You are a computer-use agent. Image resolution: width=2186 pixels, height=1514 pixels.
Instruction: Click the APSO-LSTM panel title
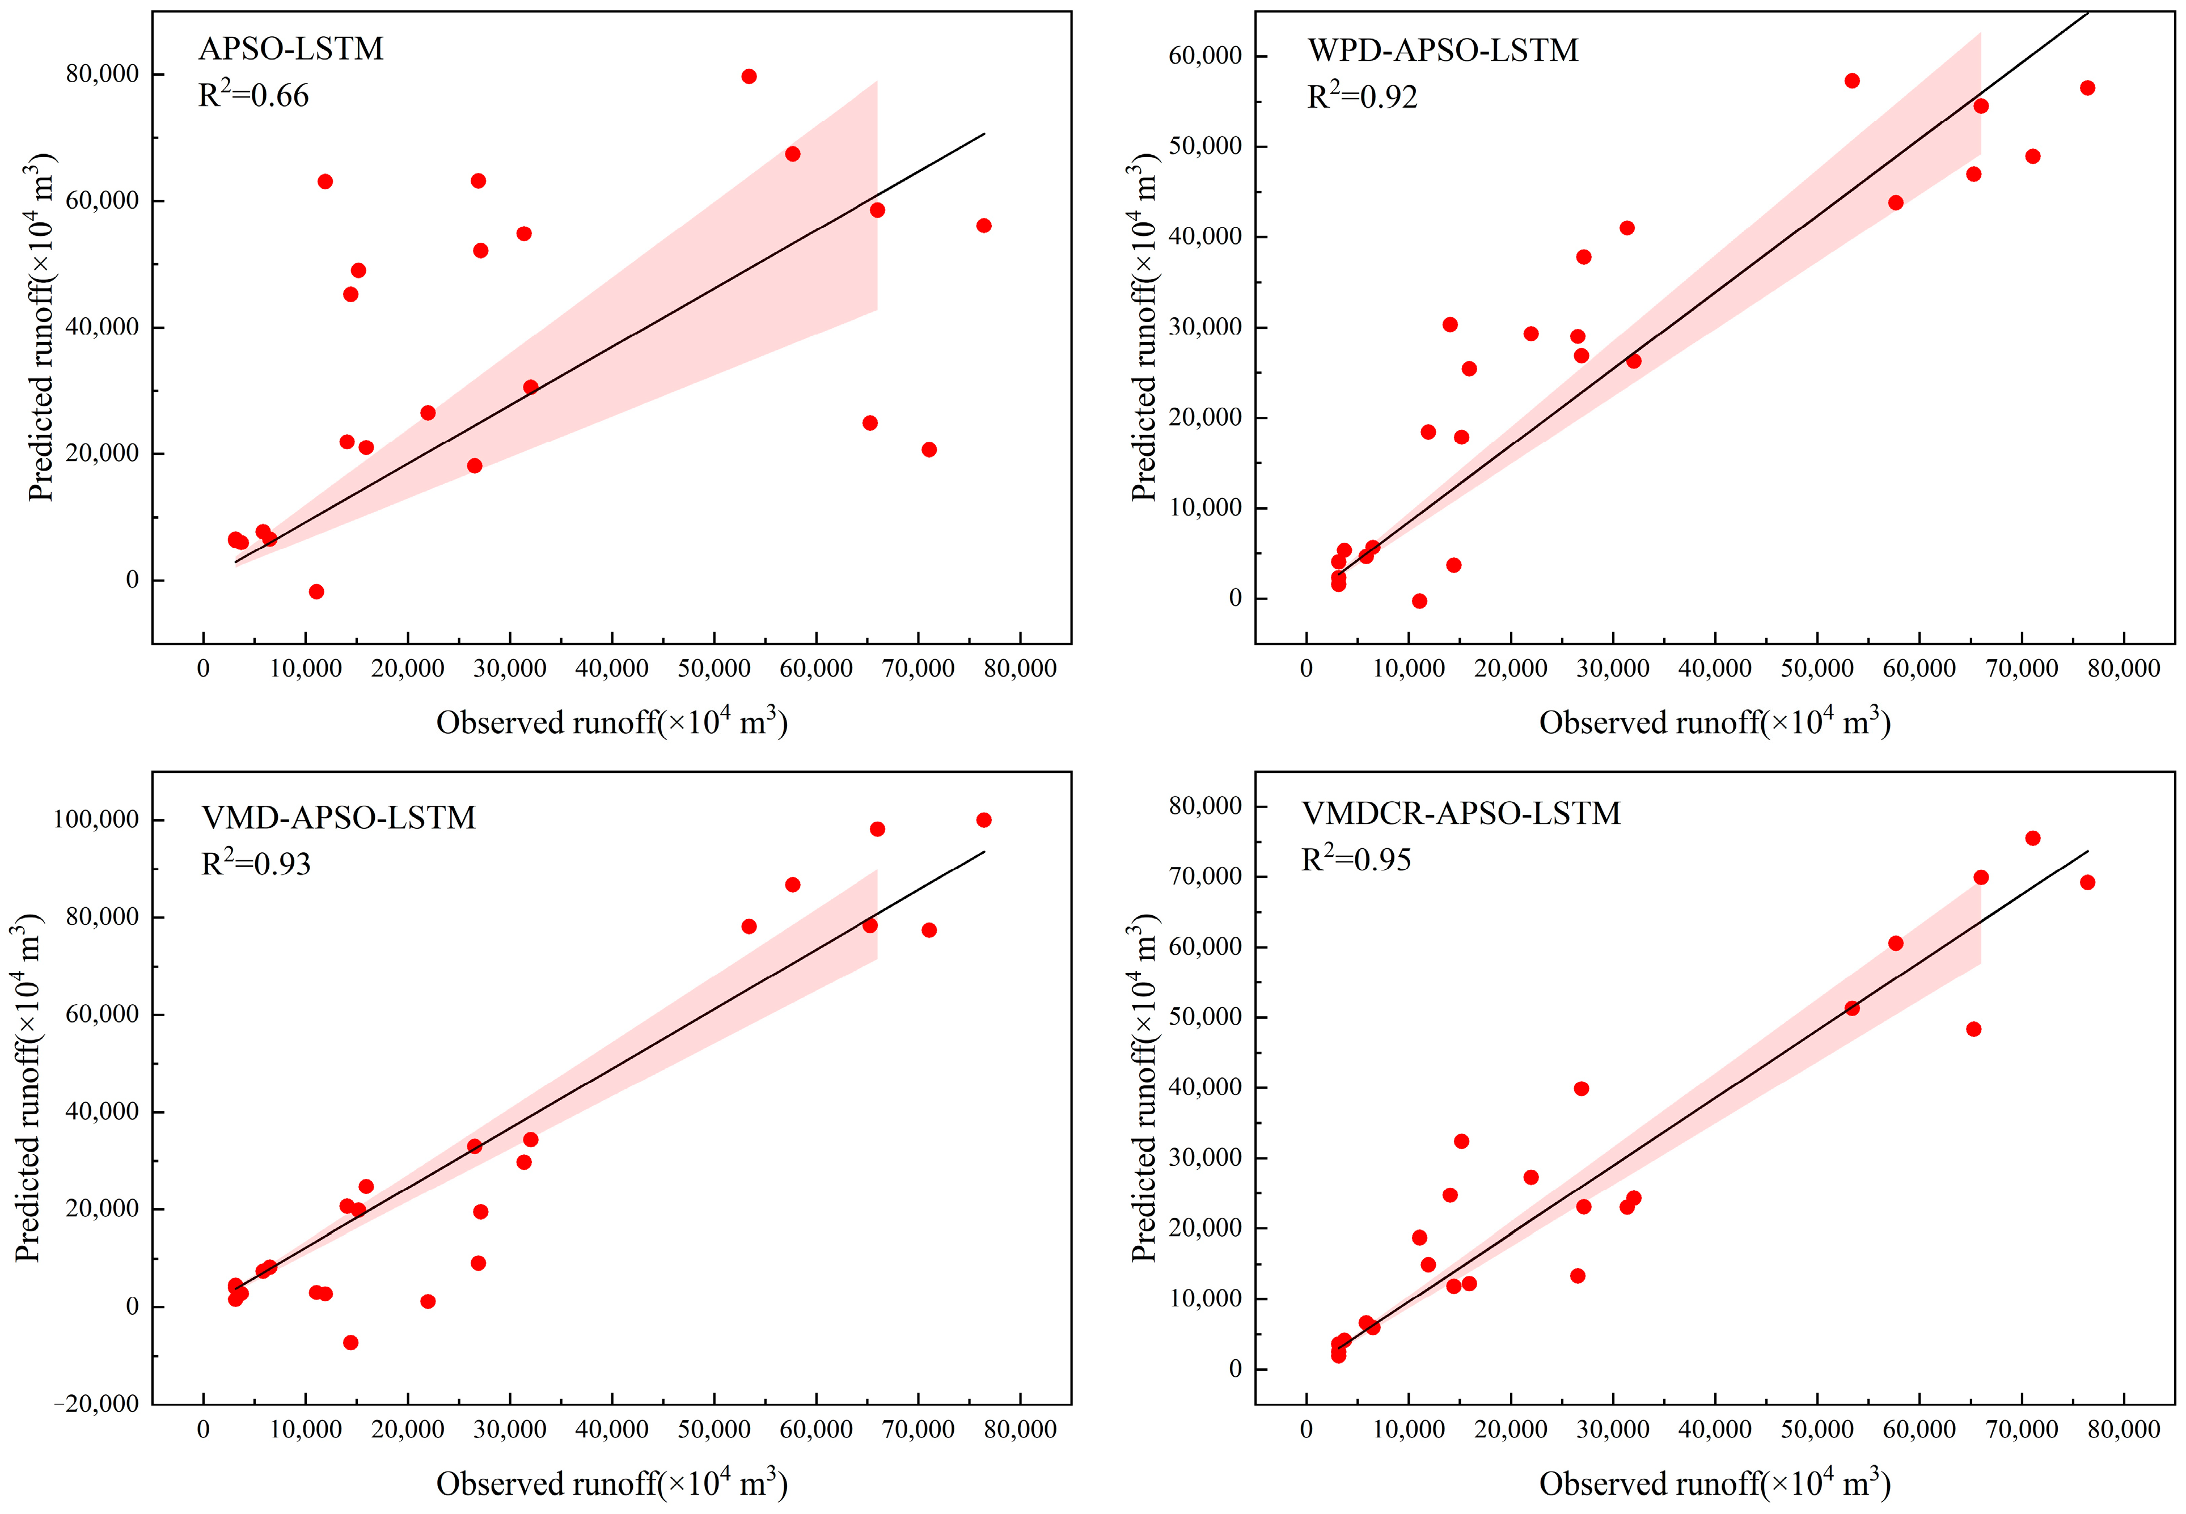tap(290, 48)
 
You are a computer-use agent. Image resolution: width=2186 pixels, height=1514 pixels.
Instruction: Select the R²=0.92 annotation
tap(1362, 97)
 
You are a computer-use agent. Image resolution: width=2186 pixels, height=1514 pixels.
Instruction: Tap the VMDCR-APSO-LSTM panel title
tap(1461, 814)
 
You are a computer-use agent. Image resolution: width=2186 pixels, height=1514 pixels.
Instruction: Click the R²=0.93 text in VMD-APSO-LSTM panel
tap(256, 863)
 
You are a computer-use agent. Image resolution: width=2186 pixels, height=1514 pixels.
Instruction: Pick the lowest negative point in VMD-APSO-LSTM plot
tap(350, 1342)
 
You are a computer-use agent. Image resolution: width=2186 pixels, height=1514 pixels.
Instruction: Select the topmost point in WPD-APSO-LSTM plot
tap(1852, 81)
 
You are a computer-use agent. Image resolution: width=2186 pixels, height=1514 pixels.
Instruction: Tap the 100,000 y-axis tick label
tap(95, 819)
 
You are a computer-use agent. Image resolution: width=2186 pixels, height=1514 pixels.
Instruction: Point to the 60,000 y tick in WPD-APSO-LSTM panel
tap(1204, 56)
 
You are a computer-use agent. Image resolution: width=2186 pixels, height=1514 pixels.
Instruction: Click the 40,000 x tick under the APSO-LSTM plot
tap(612, 669)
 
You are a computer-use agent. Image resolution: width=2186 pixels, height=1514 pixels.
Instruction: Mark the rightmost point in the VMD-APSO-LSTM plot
tap(983, 819)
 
